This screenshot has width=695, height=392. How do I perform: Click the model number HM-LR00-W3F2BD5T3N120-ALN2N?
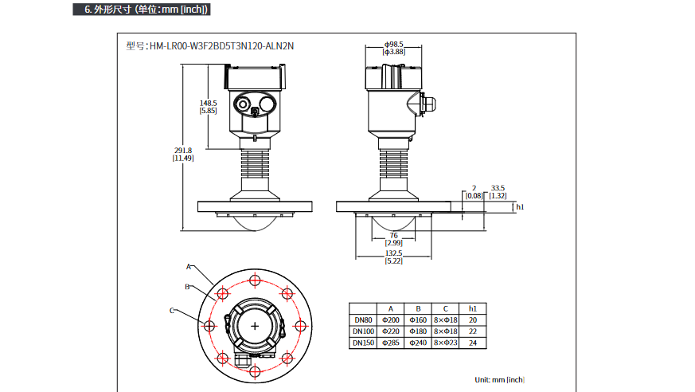210,45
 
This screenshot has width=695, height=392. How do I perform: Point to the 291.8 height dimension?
184,151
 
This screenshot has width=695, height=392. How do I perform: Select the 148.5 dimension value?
209,103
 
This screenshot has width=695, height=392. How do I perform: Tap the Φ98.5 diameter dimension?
394,45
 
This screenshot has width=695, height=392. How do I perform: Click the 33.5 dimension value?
498,188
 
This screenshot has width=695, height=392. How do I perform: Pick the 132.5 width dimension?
393,253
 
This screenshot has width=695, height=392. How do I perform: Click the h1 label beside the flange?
520,207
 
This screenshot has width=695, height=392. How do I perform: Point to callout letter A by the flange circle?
189,266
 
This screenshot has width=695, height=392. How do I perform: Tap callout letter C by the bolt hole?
171,310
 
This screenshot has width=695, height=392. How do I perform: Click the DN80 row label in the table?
363,319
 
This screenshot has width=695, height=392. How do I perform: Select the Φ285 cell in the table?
390,343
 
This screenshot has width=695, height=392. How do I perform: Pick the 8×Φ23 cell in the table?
445,343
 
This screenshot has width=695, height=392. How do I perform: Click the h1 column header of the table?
472,308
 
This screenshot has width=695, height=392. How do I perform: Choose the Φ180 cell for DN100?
417,331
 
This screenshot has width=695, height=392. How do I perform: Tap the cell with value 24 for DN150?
472,343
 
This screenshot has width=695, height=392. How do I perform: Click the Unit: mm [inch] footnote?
500,379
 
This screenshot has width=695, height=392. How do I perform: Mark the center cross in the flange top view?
255,326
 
